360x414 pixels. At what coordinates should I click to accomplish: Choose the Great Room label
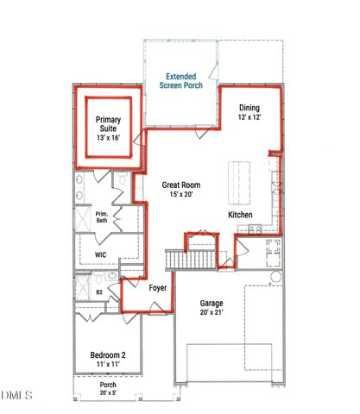pos(181,184)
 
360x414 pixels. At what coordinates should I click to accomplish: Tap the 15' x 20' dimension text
pos(181,194)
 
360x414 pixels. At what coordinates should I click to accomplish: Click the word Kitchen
pos(240,214)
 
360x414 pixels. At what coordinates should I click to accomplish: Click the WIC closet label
pos(99,255)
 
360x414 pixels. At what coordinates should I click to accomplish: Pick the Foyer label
pos(157,287)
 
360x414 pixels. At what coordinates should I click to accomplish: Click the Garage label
pos(212,304)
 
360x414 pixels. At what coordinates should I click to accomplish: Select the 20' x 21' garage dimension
pos(212,314)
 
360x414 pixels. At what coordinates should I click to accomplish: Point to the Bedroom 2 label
pos(109,355)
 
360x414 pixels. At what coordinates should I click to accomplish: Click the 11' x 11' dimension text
pos(109,366)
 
